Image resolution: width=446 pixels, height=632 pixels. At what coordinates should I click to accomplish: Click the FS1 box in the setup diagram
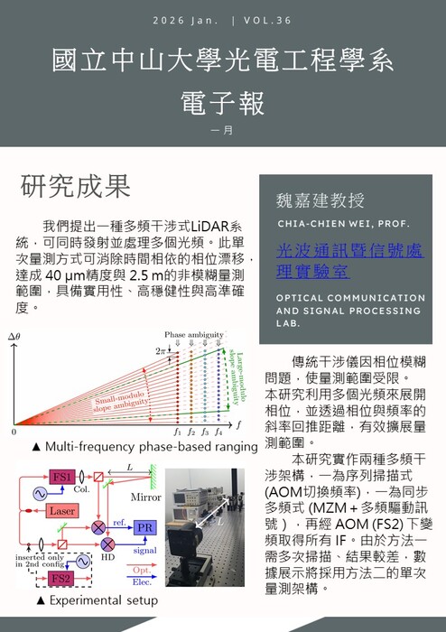[x=63, y=477]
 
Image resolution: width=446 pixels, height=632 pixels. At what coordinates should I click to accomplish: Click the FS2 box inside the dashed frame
[x=60, y=578]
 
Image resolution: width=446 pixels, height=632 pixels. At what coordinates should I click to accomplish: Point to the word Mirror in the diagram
[x=145, y=497]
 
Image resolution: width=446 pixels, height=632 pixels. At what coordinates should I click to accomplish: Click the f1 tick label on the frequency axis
[x=177, y=434]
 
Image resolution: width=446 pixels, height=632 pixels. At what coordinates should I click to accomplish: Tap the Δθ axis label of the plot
[x=14, y=339]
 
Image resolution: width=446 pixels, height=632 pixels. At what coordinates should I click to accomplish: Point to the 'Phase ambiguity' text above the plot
[x=193, y=335]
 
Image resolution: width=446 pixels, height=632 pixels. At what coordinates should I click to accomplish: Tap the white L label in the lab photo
[x=214, y=522]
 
